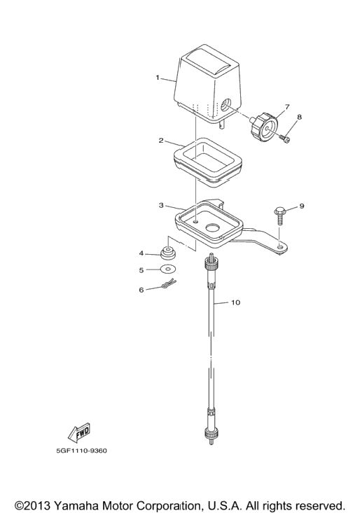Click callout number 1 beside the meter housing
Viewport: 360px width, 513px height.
(158, 78)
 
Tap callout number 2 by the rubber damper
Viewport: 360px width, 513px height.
(161, 141)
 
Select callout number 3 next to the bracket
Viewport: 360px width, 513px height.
(161, 205)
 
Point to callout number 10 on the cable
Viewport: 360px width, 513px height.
(235, 302)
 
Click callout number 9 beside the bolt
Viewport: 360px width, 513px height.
(302, 206)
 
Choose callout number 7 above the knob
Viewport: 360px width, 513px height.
(287, 106)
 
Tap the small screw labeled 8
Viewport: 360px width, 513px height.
(285, 140)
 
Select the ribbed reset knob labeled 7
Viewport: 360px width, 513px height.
(265, 126)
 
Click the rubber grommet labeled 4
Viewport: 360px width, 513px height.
(168, 253)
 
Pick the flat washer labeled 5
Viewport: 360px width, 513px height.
(169, 269)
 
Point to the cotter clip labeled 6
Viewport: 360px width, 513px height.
(169, 284)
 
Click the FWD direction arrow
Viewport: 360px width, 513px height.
(78, 433)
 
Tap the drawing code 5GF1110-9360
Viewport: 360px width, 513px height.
(81, 451)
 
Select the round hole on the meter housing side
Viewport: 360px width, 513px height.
(226, 106)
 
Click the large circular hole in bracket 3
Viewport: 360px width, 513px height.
(212, 228)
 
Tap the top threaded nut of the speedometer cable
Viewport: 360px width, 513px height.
(210, 262)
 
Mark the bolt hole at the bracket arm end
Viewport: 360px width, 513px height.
(279, 246)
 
